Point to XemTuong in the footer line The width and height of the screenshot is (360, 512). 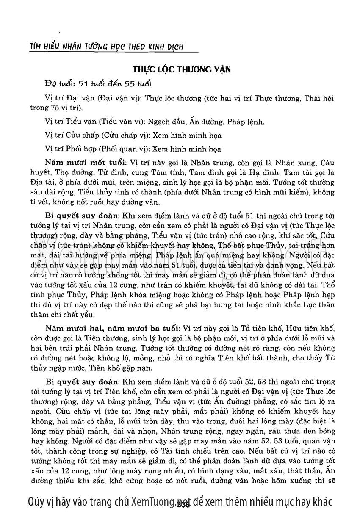(x=152, y=501)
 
